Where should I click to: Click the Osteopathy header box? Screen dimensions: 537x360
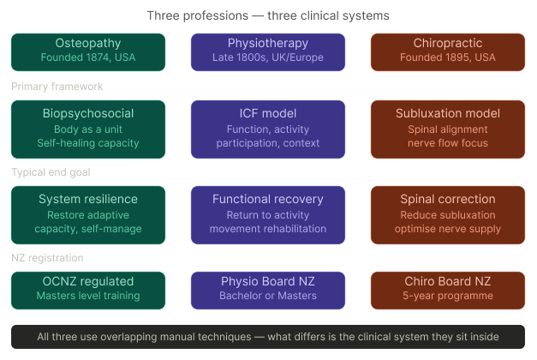(88, 52)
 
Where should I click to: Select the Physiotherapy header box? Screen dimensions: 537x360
(268, 52)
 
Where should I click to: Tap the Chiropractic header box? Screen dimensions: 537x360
(448, 52)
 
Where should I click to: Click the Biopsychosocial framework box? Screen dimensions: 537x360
(88, 129)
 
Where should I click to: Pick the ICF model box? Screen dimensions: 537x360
(268, 129)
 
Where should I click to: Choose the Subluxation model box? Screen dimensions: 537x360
(448, 129)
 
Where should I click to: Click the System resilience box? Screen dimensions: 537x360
(88, 215)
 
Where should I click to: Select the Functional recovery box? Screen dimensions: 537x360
(268, 215)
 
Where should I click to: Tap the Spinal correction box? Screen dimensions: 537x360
(448, 215)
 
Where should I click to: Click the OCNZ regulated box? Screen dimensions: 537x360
(88, 291)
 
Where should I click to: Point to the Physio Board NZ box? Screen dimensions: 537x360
(268, 291)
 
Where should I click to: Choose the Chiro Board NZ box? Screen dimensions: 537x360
(448, 291)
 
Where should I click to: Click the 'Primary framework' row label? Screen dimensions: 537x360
(57, 87)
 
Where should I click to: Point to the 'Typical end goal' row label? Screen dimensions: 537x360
(51, 172)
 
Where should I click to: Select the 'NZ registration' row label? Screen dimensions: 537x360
(47, 258)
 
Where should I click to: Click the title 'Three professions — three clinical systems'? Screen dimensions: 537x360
(268, 15)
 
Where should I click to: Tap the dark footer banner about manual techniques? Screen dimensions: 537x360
(268, 337)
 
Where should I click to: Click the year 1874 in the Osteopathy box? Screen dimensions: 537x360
(98, 57)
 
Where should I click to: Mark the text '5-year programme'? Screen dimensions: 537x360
(448, 296)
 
